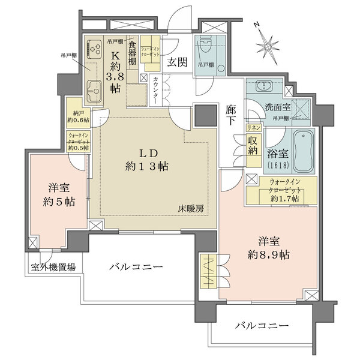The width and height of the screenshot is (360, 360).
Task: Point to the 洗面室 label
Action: (278, 109)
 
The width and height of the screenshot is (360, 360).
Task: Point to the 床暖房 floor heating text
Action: (191, 209)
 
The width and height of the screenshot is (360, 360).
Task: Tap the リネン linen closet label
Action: (254, 128)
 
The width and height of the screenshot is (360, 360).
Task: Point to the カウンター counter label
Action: (156, 89)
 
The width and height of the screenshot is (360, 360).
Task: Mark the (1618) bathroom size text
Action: (278, 166)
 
